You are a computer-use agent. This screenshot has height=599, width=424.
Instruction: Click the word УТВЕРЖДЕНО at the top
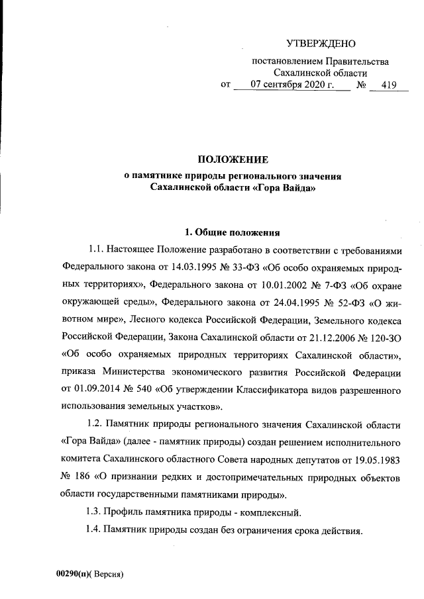(321, 44)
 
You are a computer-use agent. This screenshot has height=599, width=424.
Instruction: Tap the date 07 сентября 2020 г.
(286, 85)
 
